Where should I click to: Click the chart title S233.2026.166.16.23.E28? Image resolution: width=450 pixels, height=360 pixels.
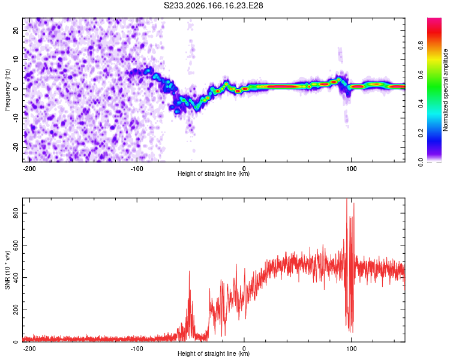pos(213,5)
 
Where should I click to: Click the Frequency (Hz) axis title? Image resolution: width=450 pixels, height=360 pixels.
pos(7,89)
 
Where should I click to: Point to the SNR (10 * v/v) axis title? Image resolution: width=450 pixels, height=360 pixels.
pos(7,270)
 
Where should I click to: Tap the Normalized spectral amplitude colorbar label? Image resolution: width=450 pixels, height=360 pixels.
pos(445,90)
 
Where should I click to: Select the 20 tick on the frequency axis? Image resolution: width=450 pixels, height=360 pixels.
pos(16,31)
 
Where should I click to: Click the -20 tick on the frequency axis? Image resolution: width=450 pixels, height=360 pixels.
pos(16,147)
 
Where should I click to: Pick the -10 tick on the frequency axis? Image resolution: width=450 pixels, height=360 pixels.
pos(16,118)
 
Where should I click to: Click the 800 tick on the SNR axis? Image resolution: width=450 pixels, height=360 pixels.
pos(16,213)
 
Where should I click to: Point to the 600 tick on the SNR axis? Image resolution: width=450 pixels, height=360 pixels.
pos(16,245)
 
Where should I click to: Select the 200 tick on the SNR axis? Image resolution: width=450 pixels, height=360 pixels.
pos(16,310)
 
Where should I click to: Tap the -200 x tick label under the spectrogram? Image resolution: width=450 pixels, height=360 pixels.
pos(29,169)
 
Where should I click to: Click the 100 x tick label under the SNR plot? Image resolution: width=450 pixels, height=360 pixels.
pos(351,349)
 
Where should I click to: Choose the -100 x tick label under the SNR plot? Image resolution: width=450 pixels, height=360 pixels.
pos(137,349)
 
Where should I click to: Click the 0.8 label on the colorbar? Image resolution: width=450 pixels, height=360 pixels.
pos(421,45)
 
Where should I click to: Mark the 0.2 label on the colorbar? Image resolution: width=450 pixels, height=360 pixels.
pos(421,133)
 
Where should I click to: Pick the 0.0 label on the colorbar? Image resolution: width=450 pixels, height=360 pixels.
pos(421,162)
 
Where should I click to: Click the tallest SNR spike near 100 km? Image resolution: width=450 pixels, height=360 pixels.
pos(347,199)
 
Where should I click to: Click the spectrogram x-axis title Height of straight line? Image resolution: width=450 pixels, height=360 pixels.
pos(214,173)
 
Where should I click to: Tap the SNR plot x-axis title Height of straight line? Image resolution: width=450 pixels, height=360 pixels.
pos(214,353)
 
